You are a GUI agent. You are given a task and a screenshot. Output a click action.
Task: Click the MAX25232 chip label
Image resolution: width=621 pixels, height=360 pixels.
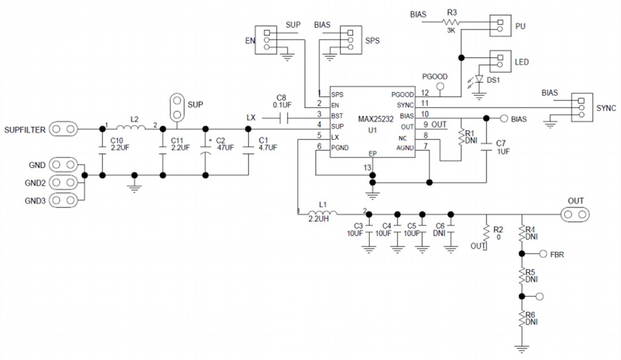pos(375,119)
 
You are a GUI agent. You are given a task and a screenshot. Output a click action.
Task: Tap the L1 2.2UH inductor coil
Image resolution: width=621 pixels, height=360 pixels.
pos(323,213)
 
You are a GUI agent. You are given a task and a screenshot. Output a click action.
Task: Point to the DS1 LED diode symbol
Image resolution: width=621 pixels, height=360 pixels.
pos(480,80)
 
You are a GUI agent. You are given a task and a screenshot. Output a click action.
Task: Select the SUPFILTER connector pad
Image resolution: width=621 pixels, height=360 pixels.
pos(64,129)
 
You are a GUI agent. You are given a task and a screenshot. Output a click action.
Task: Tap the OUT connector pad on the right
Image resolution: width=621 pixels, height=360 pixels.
pos(575,214)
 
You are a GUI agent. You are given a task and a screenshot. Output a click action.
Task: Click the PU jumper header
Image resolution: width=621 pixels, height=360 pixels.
pos(499,26)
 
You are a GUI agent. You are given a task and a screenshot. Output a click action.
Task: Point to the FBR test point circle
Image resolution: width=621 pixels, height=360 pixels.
pos(544,254)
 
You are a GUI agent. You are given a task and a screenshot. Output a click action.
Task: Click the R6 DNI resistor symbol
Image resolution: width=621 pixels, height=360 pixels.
pos(522,320)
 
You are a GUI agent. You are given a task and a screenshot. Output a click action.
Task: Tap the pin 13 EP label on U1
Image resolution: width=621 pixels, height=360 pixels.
pos(372,153)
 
